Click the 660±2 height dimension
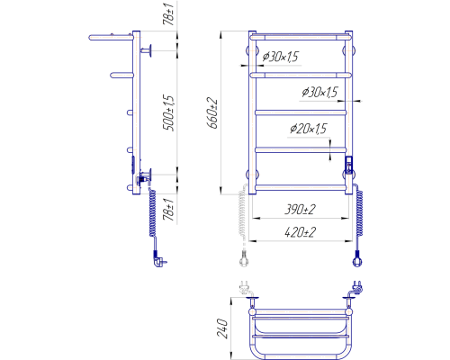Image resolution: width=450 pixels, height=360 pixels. tap(212, 113)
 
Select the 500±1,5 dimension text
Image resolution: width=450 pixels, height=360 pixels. tap(168, 113)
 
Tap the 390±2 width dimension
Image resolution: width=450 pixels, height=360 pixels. tap(300, 210)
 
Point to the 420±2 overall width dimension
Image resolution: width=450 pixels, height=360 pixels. tap(300, 232)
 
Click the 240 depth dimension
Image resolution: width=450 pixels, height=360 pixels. tap(222, 328)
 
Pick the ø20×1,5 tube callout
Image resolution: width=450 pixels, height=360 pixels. tap(308, 129)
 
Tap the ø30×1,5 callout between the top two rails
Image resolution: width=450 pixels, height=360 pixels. tap(281, 57)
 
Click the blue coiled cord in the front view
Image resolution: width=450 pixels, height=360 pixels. tap(359, 213)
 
